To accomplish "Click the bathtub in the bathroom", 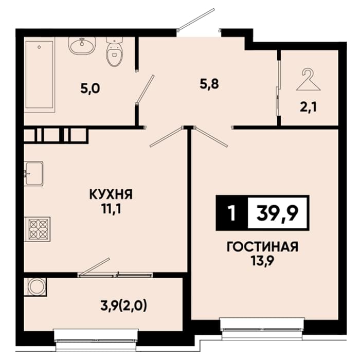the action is [40, 75].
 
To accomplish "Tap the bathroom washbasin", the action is [82, 46].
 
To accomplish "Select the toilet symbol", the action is [115, 52].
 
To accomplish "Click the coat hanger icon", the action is [309, 80].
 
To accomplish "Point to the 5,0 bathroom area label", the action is [91, 88].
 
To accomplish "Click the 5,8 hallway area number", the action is [209, 84].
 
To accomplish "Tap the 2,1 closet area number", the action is [308, 107].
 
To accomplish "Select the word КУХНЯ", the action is [111, 194].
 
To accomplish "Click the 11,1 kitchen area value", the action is [111, 209].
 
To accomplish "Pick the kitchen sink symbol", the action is [34, 174].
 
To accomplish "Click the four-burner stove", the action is [37, 229].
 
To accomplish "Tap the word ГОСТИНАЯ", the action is [263, 247].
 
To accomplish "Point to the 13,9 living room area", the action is [263, 262].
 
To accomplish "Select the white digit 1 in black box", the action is [231, 213].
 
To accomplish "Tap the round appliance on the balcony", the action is [36, 287].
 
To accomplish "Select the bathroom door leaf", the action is [145, 89].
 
